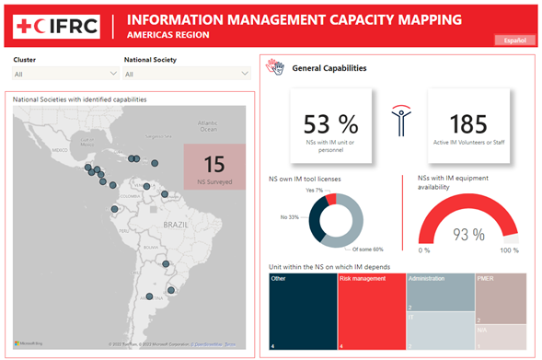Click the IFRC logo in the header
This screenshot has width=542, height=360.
[x=56, y=27]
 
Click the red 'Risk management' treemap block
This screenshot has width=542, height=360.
[x=371, y=310]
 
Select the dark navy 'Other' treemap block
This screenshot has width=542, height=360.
[x=303, y=310]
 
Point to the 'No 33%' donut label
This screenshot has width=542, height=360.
[x=289, y=216]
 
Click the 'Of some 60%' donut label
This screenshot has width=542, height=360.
[x=367, y=250]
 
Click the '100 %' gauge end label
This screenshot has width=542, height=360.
[x=508, y=250]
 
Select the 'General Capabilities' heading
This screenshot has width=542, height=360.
[x=329, y=68]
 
